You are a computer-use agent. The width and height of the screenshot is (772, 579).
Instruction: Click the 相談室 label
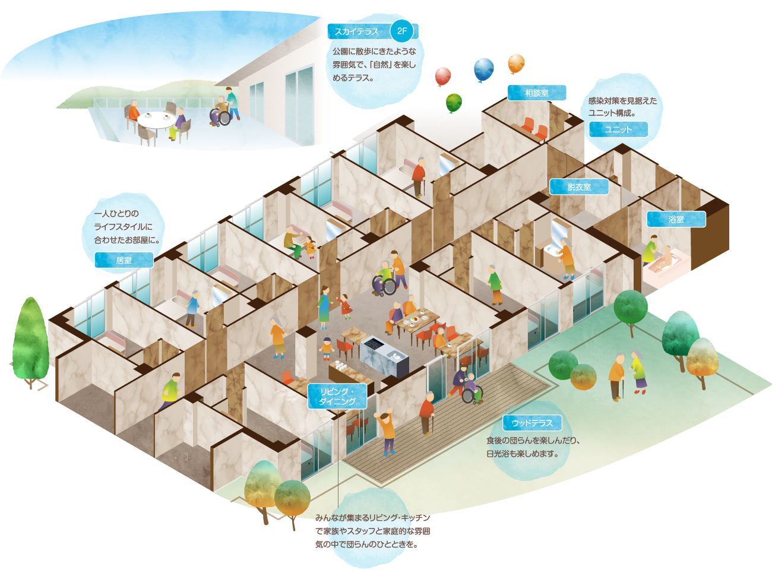[x=536, y=93]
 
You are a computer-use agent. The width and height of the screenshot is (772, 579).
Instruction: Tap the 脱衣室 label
[x=579, y=187]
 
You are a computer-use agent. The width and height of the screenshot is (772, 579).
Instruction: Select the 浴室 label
[x=676, y=219]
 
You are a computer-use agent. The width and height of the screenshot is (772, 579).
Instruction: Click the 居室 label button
[x=124, y=260]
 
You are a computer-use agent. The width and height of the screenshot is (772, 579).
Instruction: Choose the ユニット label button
[x=618, y=129]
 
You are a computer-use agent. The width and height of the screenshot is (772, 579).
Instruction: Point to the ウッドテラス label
[x=532, y=423]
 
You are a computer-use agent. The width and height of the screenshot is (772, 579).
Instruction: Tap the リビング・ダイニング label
[x=337, y=396]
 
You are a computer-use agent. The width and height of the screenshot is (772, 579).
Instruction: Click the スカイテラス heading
[x=356, y=31]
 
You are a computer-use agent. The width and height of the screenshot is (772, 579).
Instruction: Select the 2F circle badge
[x=402, y=31]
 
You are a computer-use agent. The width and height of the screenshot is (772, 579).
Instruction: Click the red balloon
[x=443, y=76]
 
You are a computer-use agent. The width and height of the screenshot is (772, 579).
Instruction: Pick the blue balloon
[x=484, y=69]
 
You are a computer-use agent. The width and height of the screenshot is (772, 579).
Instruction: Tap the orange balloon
[x=516, y=63]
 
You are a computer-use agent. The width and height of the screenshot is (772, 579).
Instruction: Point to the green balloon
[x=454, y=102]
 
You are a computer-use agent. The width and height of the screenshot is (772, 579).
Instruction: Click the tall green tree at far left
[x=30, y=338]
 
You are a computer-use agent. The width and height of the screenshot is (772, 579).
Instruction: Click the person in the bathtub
[x=669, y=257]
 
